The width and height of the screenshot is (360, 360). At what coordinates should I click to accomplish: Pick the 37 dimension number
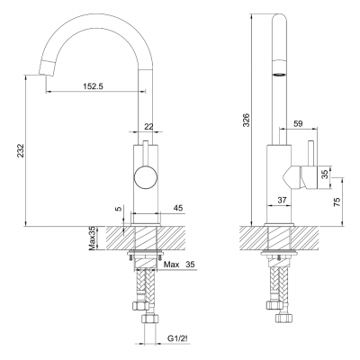pos(282,200)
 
